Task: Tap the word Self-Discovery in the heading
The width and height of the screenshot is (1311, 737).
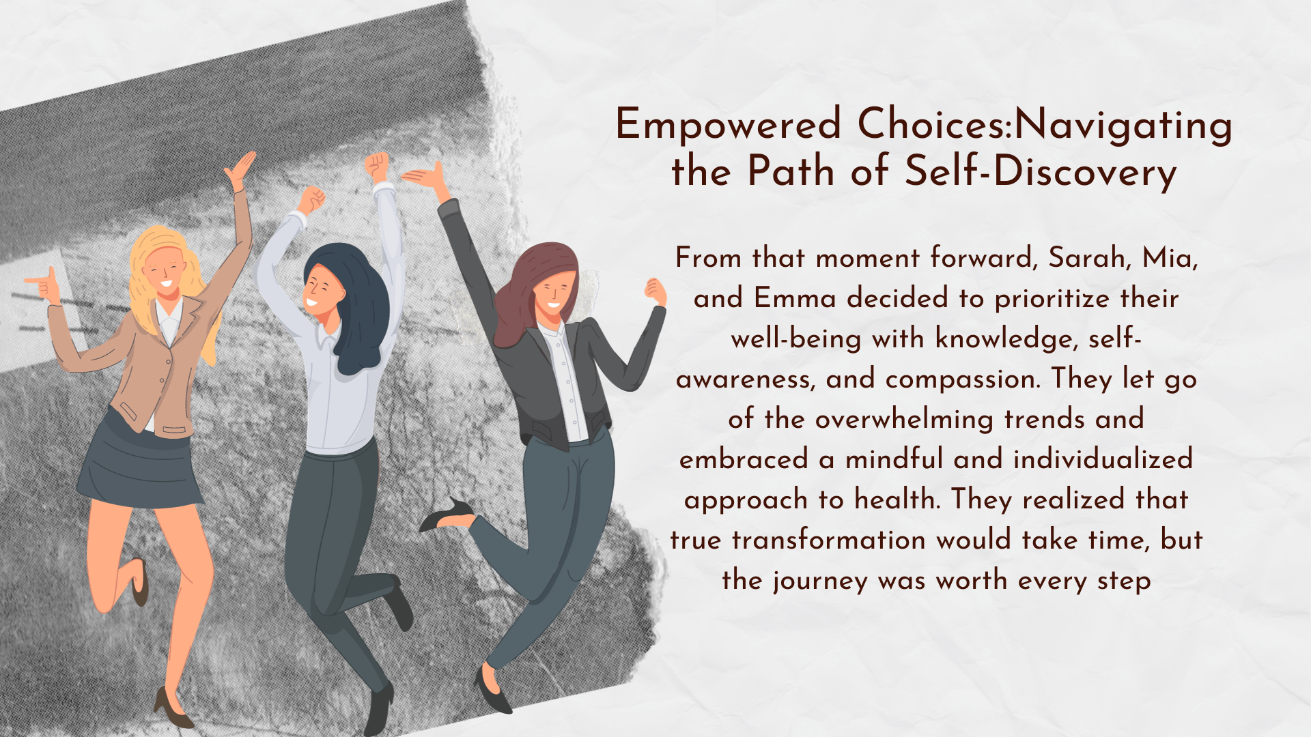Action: click(1041, 171)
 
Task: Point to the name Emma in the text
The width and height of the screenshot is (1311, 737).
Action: click(795, 298)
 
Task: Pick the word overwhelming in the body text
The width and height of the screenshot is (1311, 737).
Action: click(904, 420)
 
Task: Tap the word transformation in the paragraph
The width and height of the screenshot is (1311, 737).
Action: click(828, 540)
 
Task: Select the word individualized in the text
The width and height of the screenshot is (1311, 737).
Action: click(1103, 459)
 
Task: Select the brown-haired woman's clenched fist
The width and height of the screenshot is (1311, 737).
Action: click(656, 291)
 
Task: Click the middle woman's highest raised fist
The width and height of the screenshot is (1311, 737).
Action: click(376, 167)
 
